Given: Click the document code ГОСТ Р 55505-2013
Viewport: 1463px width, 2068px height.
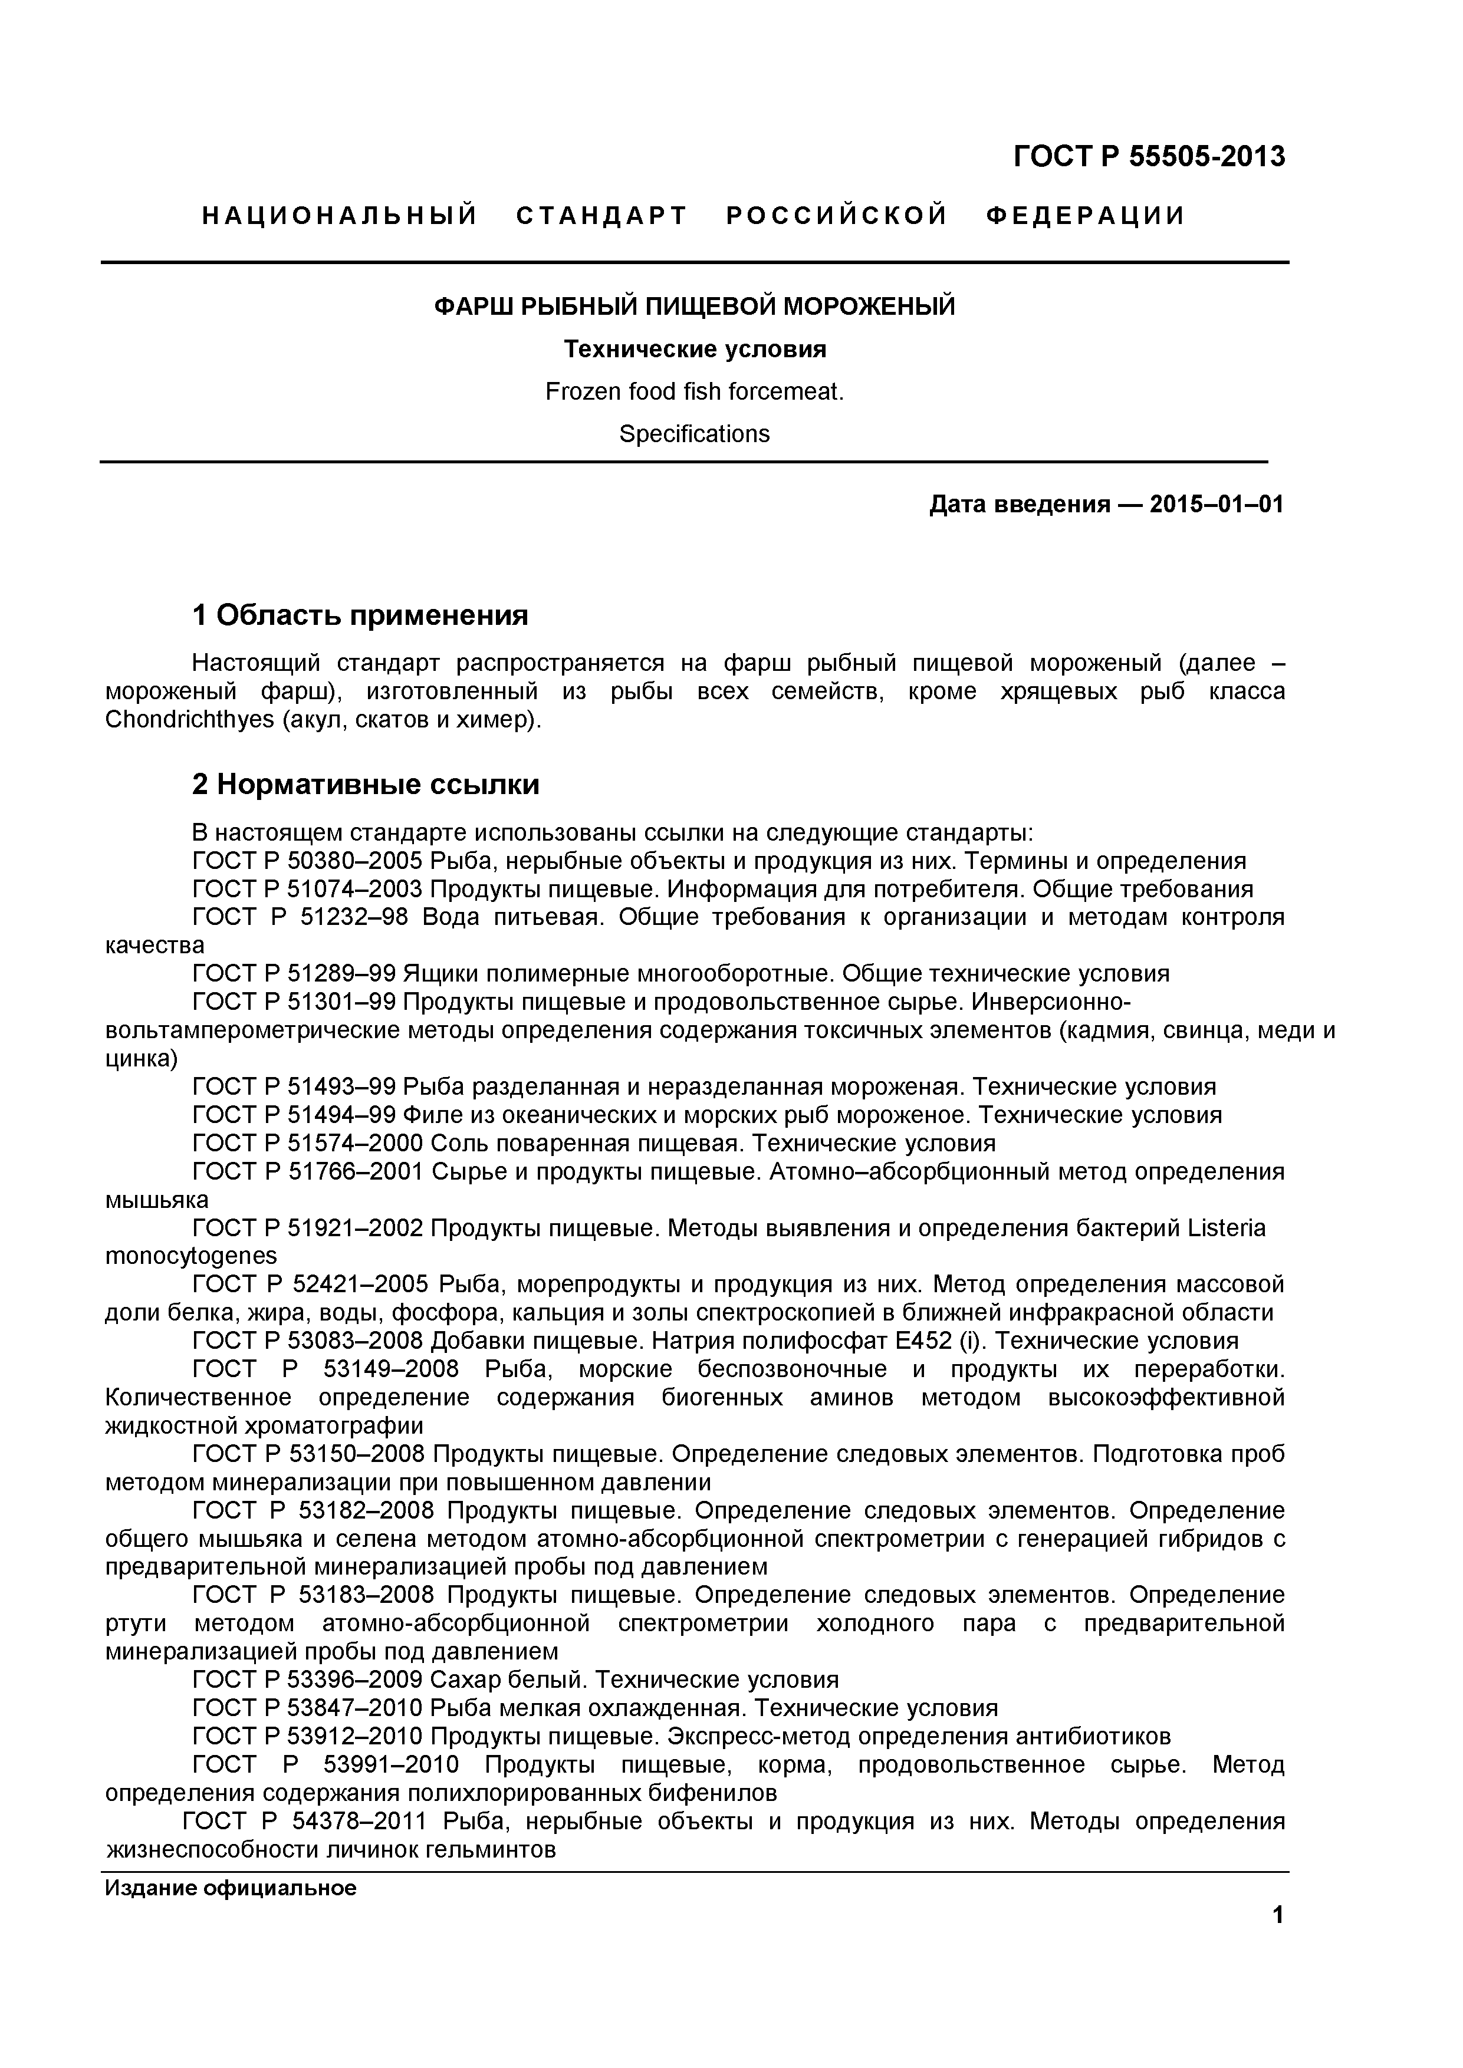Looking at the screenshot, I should tap(1149, 157).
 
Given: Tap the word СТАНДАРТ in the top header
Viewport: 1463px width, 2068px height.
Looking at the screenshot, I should tap(602, 216).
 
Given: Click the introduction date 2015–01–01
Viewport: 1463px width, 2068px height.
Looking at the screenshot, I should tap(1216, 505).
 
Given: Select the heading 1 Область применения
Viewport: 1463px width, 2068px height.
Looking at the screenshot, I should tap(360, 615).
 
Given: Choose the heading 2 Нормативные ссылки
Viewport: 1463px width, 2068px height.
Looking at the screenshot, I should tap(365, 785).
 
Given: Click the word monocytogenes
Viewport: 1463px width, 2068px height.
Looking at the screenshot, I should tap(191, 1256).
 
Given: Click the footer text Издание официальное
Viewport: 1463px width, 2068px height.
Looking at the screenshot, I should tap(231, 1888).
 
